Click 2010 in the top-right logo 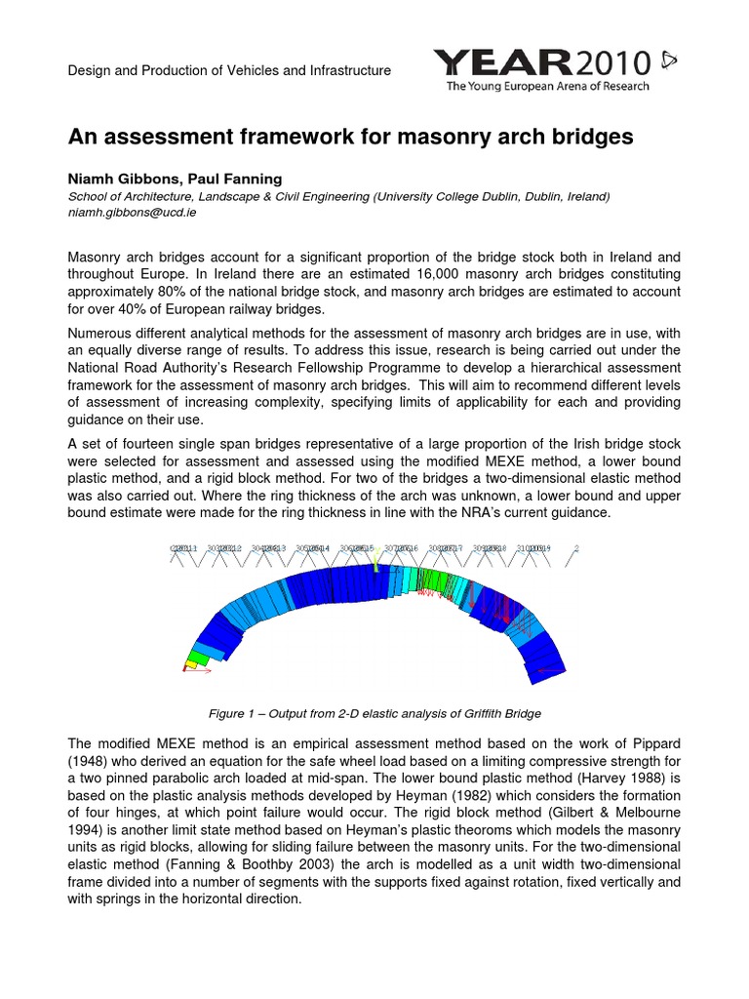coord(612,64)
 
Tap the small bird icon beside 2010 coord(668,61)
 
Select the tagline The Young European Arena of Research coord(547,87)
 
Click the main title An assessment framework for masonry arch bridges coord(350,138)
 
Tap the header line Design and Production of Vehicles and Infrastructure coord(229,70)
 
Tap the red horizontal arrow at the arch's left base coord(198,671)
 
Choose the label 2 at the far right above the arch coord(576,548)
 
